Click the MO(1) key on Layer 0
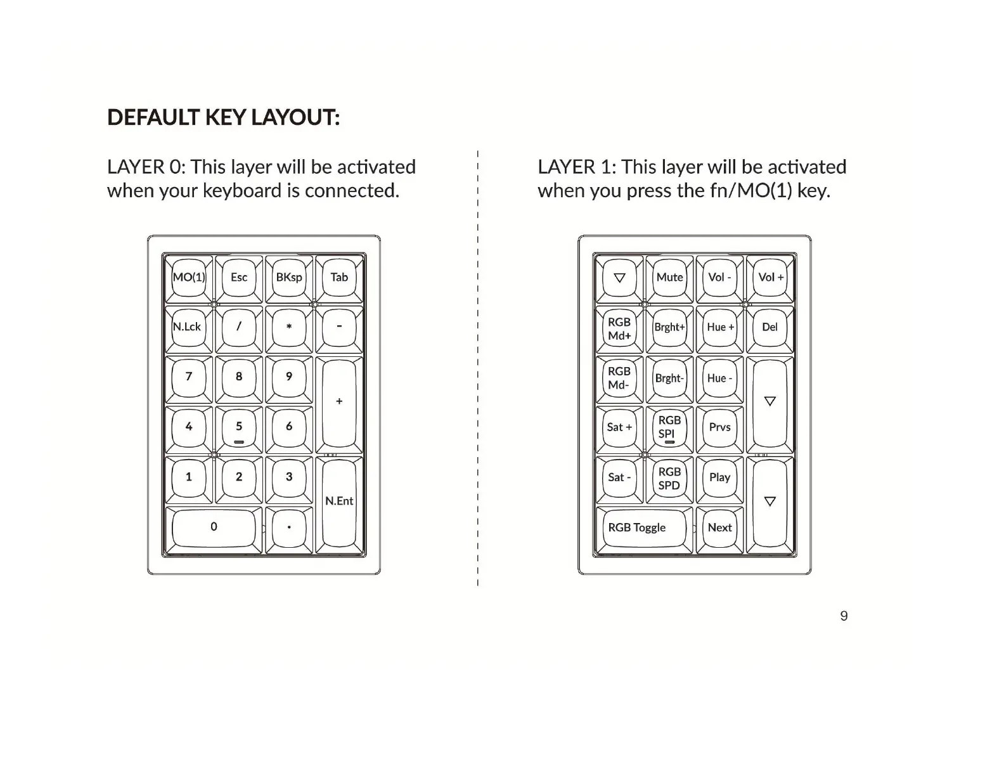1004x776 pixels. point(189,278)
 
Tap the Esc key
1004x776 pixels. point(239,278)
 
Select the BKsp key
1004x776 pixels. point(289,278)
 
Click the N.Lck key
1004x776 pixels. point(188,327)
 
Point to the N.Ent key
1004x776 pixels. point(339,501)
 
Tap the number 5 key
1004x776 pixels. point(239,427)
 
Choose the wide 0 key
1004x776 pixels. point(214,527)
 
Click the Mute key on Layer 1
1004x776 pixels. point(669,278)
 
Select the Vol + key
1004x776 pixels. point(770,278)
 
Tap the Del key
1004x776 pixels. point(769,327)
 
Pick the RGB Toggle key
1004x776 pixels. point(637,527)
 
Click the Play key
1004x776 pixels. point(719,477)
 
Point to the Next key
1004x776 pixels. point(719,527)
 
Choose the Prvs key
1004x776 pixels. point(719,427)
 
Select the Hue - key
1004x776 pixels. point(719,378)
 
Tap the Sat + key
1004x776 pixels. point(619,427)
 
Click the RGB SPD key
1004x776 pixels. point(669,479)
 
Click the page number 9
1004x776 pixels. point(844,616)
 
